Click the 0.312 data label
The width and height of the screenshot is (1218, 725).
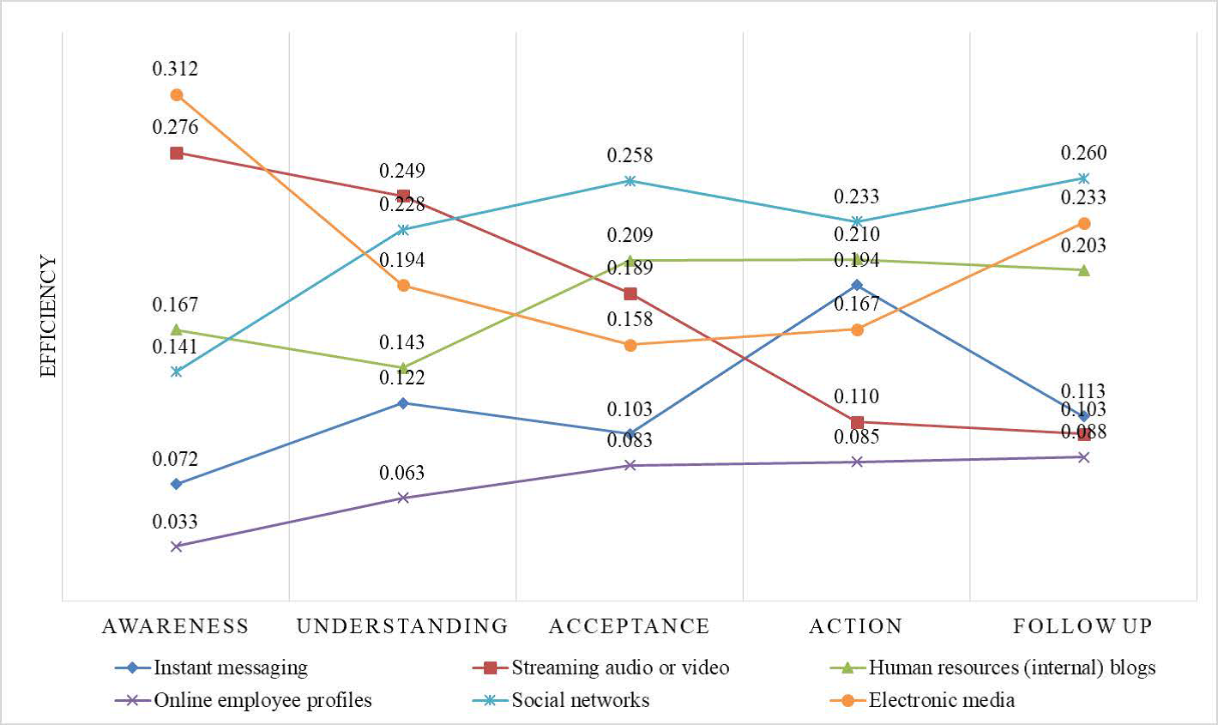(175, 69)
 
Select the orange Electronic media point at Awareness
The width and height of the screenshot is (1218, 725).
(176, 94)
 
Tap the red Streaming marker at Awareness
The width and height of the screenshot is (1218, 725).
(176, 153)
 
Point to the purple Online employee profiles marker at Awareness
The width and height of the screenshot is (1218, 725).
(176, 546)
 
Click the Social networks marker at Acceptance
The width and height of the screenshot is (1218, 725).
(630, 180)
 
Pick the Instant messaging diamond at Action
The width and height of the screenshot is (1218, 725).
(856, 284)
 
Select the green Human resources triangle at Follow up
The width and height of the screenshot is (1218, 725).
(1083, 270)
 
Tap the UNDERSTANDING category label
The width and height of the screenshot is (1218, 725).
(402, 626)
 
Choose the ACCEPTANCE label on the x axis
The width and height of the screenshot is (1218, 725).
(630, 626)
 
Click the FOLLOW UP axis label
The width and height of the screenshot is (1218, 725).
(1082, 626)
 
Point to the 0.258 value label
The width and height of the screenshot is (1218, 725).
(630, 156)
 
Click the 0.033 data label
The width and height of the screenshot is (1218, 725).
(175, 522)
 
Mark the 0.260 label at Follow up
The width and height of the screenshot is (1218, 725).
(1083, 154)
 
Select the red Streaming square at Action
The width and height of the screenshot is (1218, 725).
(856, 422)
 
